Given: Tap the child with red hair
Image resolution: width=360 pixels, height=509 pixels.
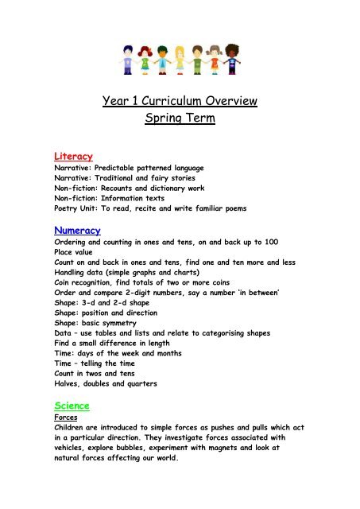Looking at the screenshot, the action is coord(144,57).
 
